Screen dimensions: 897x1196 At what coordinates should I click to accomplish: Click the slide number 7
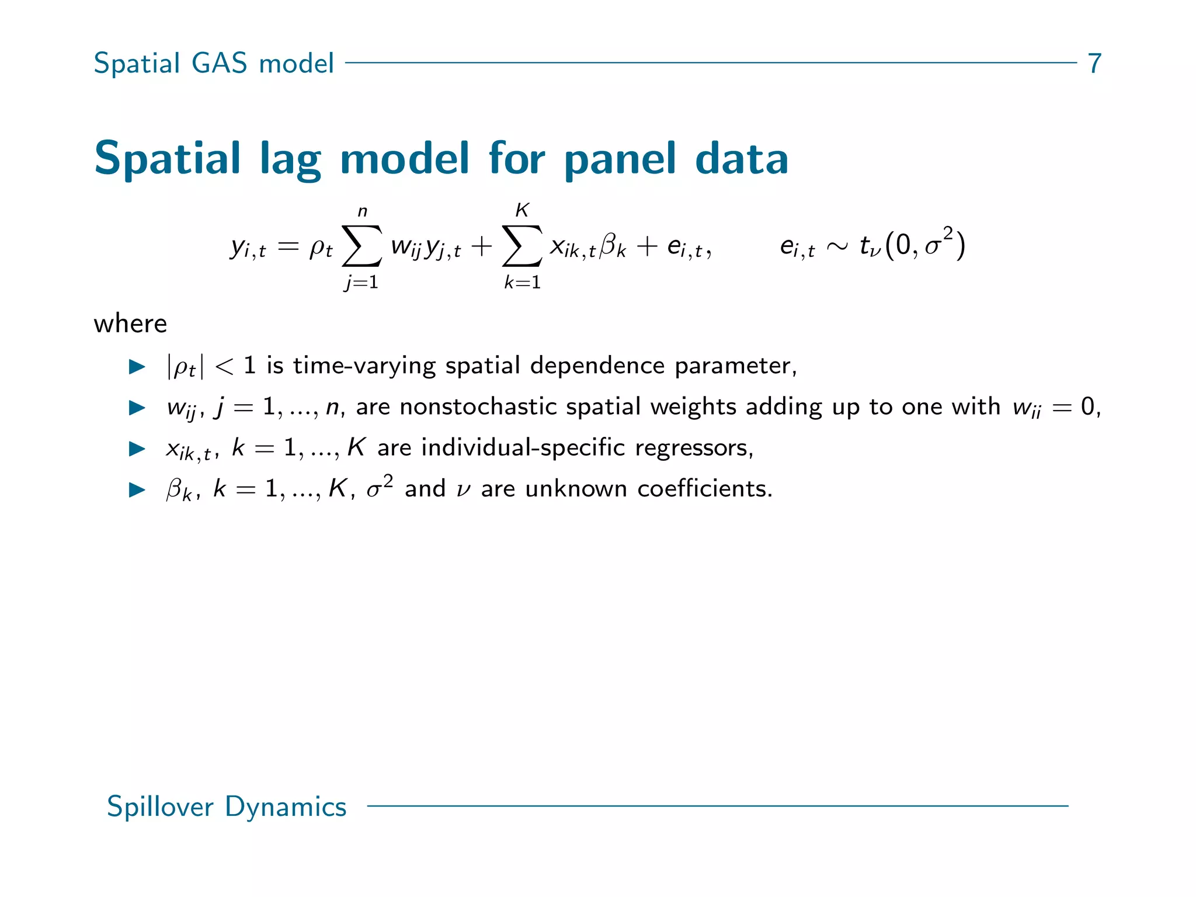point(1094,63)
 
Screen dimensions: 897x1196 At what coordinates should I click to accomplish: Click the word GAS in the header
point(220,63)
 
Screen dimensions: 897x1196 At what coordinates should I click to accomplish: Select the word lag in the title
point(290,159)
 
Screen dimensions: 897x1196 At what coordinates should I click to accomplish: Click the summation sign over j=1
point(361,245)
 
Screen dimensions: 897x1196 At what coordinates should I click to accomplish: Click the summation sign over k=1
point(522,245)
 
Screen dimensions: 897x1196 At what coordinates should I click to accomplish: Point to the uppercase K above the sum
point(522,210)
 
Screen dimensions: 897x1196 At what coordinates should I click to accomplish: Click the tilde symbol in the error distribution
point(837,246)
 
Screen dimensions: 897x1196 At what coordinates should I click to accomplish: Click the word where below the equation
point(130,324)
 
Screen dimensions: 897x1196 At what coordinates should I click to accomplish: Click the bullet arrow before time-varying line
point(137,367)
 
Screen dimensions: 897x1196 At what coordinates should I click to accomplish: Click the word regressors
point(694,447)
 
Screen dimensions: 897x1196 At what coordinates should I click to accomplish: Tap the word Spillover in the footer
point(160,806)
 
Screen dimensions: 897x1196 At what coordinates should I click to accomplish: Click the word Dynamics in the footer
point(286,806)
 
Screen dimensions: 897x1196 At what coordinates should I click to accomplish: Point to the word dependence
point(597,366)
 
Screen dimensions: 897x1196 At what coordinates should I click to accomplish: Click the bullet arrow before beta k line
point(137,489)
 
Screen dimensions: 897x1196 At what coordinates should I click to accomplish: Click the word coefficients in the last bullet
point(704,488)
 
